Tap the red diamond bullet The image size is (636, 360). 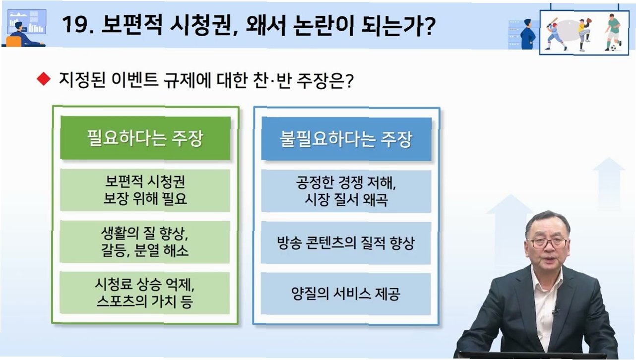pos(44,78)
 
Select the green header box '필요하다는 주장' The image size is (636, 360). pos(145,138)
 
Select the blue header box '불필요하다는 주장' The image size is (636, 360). pos(346,139)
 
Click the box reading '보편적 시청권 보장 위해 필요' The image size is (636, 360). pos(145,190)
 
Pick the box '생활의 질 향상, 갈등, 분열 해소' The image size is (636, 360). pos(145,242)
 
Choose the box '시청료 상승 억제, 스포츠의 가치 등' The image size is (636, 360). pos(145,293)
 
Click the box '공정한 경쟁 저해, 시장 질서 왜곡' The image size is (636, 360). pos(346,191)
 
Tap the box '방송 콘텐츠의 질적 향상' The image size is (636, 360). pos(346,243)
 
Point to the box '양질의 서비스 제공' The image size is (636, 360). pos(346,294)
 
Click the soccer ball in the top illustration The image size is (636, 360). pos(613,48)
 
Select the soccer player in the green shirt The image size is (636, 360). pos(613,31)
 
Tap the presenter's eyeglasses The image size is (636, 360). pos(549,243)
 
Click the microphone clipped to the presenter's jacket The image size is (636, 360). pos(555,311)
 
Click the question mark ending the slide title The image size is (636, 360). pos(429,25)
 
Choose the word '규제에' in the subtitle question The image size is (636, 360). pos(187,80)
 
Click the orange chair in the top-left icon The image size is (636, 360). pos(13,42)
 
